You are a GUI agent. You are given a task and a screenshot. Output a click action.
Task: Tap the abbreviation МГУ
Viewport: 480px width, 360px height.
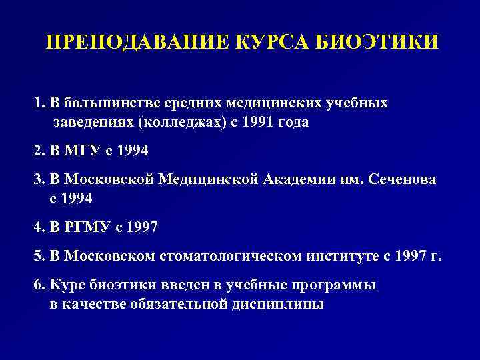[82, 151]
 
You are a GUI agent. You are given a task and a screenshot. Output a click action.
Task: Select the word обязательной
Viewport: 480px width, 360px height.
[168, 305]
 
